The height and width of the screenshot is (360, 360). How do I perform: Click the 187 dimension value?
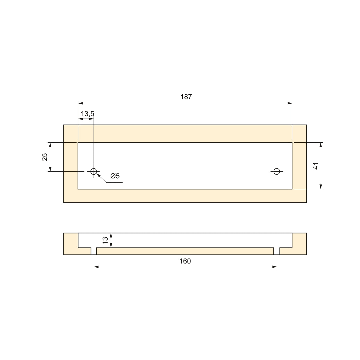click(x=186, y=97)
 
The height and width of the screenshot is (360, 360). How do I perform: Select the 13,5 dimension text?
click(x=87, y=114)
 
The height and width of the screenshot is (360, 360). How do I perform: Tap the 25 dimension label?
click(x=45, y=157)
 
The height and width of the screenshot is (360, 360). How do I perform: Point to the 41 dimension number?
click(x=316, y=166)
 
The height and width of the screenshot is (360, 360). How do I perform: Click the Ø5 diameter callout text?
click(x=115, y=176)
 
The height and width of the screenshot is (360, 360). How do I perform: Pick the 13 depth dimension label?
click(x=105, y=240)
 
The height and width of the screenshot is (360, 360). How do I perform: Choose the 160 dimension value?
click(x=185, y=261)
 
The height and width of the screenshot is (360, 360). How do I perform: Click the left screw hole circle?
click(x=94, y=171)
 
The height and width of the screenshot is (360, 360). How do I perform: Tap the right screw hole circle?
click(x=277, y=171)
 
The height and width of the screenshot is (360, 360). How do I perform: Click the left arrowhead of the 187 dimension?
click(x=80, y=103)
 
